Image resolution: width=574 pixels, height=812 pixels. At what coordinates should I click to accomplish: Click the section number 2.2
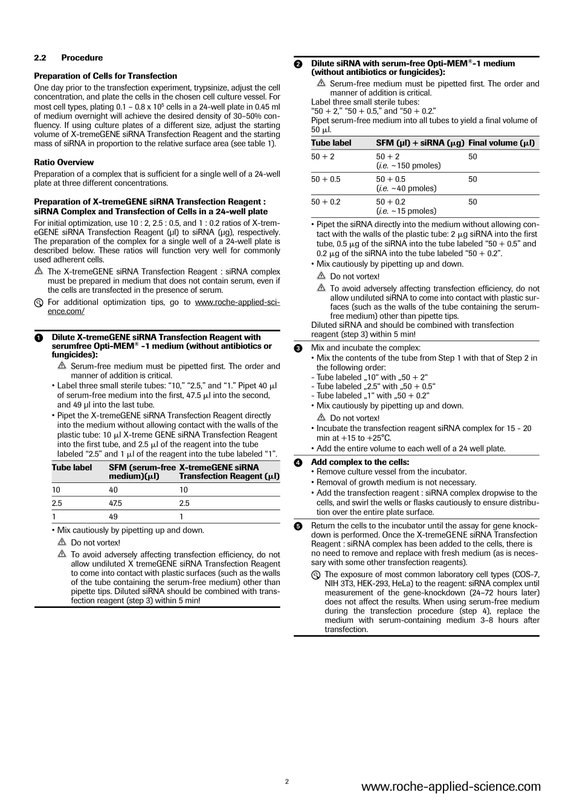[x=40, y=58]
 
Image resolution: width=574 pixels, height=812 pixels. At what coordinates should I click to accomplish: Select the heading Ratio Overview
[x=63, y=162]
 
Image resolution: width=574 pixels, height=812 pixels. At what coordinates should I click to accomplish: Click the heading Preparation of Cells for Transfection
[x=105, y=76]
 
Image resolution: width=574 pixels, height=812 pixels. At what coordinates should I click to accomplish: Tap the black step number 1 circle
[x=39, y=338]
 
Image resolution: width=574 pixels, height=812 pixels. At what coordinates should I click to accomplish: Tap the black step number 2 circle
[x=298, y=64]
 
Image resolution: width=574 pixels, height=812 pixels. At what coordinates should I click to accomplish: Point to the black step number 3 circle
[x=298, y=348]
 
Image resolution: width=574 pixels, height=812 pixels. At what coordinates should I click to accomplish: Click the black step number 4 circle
[x=298, y=462]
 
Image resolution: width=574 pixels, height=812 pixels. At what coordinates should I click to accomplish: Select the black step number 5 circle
[x=298, y=526]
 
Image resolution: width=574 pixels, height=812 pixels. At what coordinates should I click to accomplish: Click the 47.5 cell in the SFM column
[x=115, y=503]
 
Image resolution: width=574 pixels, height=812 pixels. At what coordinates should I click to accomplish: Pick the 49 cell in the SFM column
[x=113, y=517]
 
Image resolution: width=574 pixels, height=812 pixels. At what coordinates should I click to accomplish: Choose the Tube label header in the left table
[x=72, y=467]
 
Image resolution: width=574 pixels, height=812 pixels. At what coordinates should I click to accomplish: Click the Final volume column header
[x=501, y=143]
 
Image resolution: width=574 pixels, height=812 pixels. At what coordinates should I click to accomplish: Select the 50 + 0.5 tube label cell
[x=325, y=179]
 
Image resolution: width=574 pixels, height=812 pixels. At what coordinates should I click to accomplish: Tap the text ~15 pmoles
[x=408, y=211]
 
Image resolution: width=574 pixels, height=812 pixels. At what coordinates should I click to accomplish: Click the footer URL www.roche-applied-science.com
[x=451, y=787]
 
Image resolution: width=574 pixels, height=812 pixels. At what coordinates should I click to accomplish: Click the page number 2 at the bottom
[x=287, y=782]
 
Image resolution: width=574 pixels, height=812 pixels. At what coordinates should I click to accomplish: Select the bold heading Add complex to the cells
[x=360, y=462]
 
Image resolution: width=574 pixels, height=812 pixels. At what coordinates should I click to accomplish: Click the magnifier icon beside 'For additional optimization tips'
[x=39, y=302]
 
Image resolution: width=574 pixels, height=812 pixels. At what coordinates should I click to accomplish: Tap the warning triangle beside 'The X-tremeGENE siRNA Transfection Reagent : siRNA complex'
[x=39, y=272]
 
